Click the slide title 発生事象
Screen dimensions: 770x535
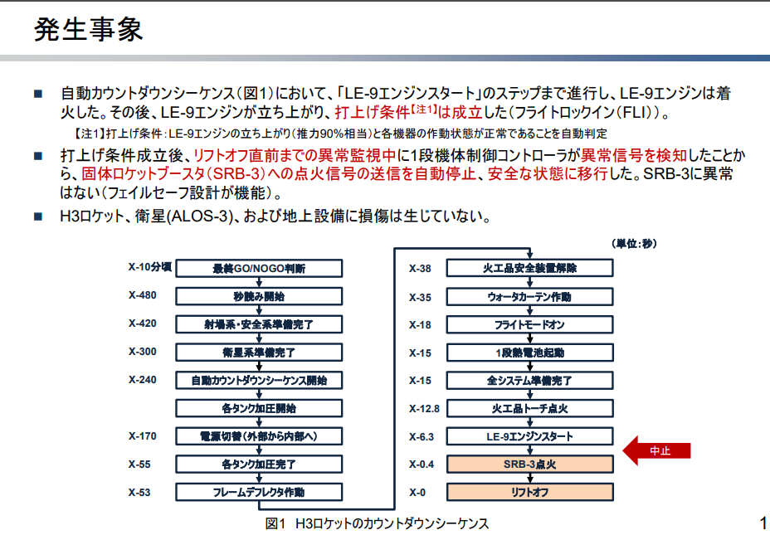tap(88, 30)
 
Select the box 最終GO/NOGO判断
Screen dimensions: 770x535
tap(259, 268)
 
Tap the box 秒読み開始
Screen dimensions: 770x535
tap(259, 296)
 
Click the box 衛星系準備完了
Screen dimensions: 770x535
tap(259, 352)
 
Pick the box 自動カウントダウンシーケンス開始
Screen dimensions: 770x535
tap(259, 380)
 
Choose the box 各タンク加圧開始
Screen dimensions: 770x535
tap(259, 408)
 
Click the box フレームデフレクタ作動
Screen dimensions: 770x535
tap(259, 492)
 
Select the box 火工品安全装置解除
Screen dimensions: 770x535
tap(529, 268)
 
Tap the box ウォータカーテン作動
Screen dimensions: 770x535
tap(529, 296)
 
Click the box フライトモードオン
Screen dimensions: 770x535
tap(529, 324)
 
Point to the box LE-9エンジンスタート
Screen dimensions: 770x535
tap(529, 436)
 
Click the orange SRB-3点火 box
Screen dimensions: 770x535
tap(529, 464)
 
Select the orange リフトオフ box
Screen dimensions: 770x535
tap(529, 492)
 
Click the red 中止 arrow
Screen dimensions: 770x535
tap(657, 450)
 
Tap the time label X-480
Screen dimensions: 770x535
tap(142, 295)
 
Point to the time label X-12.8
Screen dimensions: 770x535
tap(424, 408)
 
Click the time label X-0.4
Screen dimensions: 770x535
tap(422, 464)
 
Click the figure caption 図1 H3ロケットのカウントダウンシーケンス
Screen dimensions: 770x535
tap(377, 523)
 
